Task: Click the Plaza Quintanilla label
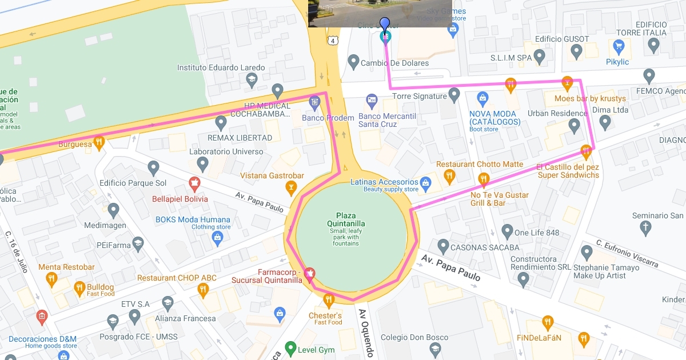tap(346, 219)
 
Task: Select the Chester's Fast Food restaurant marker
tap(328, 300)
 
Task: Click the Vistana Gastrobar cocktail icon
tap(291, 187)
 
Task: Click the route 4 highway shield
tap(332, 40)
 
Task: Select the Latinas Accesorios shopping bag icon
tap(425, 183)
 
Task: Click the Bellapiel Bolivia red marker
tap(194, 185)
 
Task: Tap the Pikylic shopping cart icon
tap(618, 47)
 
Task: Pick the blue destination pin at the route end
tap(385, 25)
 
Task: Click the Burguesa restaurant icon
tap(99, 142)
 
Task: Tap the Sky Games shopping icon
tap(453, 29)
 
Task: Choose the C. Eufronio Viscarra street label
tap(627, 253)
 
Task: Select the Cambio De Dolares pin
tap(353, 61)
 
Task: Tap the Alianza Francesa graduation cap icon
tap(167, 303)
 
